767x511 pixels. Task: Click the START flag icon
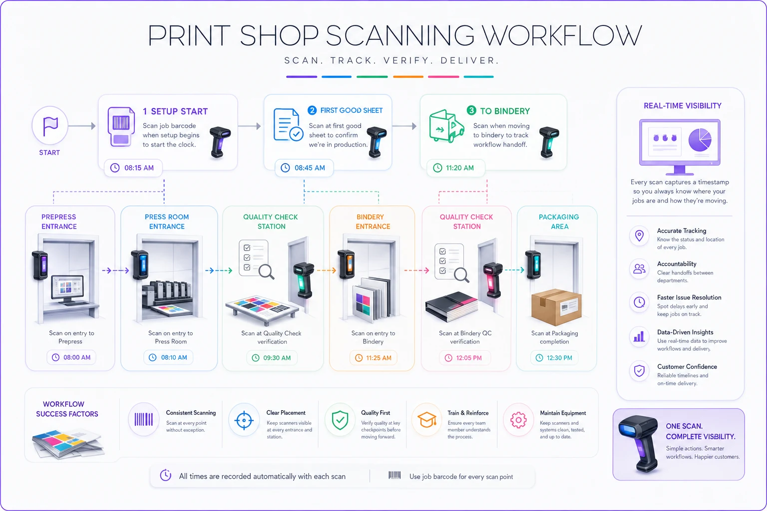tap(50, 126)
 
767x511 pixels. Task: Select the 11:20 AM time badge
tap(455, 168)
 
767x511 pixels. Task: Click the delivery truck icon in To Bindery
tap(446, 126)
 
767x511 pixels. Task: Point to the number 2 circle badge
tap(312, 110)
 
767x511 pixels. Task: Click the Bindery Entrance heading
tap(373, 222)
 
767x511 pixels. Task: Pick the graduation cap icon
tap(426, 420)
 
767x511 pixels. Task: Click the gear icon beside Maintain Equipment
tap(518, 420)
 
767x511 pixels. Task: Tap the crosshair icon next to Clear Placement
tap(244, 420)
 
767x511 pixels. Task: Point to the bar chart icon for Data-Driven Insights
tap(639, 336)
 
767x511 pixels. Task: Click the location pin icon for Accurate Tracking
tap(639, 236)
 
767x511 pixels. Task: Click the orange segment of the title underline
tap(408, 77)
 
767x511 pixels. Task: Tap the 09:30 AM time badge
tap(272, 358)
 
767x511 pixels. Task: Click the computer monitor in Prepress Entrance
tap(67, 289)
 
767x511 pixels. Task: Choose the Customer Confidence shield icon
tap(639, 370)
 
